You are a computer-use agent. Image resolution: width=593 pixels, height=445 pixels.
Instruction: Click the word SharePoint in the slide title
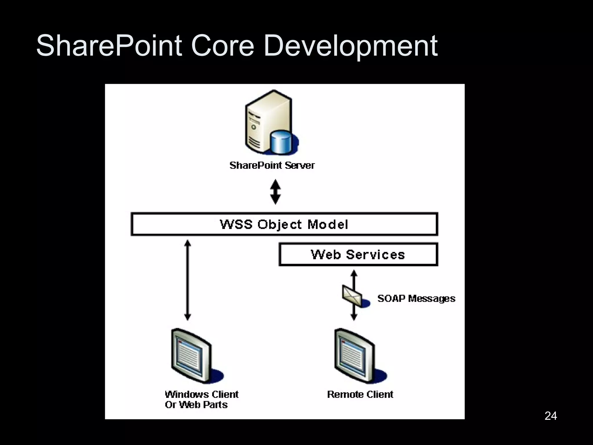pyautogui.click(x=109, y=46)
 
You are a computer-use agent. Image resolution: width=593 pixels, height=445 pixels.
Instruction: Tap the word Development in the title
pyautogui.click(x=350, y=46)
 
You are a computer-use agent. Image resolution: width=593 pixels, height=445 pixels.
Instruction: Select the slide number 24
pyautogui.click(x=550, y=416)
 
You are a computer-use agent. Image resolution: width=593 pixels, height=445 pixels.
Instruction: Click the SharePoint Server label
pyautogui.click(x=272, y=165)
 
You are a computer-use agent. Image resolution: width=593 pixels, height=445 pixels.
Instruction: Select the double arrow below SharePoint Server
pyautogui.click(x=275, y=192)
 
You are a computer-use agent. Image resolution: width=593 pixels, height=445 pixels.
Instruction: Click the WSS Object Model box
pyautogui.click(x=284, y=224)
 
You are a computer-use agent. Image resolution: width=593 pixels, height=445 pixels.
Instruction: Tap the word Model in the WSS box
pyautogui.click(x=327, y=224)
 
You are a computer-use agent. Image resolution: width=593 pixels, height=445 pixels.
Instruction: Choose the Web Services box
pyautogui.click(x=358, y=255)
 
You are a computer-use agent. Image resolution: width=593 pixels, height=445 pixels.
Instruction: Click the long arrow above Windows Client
pyautogui.click(x=188, y=280)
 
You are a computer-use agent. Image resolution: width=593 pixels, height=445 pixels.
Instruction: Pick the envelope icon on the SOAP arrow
pyautogui.click(x=352, y=296)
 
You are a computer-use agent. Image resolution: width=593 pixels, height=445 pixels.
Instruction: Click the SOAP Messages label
pyautogui.click(x=416, y=298)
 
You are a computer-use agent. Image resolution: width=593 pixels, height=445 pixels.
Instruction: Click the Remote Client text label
pyautogui.click(x=360, y=394)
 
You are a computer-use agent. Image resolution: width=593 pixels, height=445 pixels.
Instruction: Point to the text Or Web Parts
pyautogui.click(x=196, y=405)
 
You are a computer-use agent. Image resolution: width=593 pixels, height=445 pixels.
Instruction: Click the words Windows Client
pyautogui.click(x=202, y=394)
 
